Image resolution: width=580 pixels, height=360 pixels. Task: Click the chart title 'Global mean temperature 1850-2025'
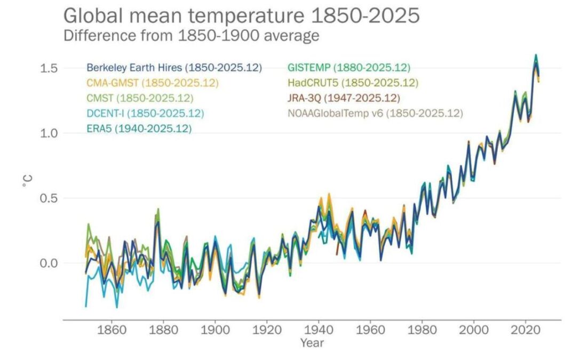coord(241,15)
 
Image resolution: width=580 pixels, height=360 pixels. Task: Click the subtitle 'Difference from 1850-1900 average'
coord(191,36)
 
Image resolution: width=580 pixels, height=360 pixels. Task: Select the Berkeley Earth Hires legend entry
coord(174,68)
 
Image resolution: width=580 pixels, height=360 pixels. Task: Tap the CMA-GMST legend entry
coord(153,83)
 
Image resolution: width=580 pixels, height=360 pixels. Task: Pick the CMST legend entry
coord(140,98)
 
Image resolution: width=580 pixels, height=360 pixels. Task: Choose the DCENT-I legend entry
coord(145,113)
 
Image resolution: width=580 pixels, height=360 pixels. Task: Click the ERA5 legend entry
coord(139,129)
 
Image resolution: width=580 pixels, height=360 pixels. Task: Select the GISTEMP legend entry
coord(348,68)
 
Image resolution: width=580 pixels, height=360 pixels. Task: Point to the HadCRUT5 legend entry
coord(353,83)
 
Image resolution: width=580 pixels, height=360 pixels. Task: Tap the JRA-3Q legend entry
coord(344,98)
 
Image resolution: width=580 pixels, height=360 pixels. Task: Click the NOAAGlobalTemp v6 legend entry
coord(375,113)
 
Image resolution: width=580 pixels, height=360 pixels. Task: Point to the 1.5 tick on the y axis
coord(49,68)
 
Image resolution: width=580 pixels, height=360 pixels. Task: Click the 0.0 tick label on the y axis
coord(49,263)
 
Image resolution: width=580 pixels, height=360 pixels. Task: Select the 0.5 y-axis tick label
coord(49,198)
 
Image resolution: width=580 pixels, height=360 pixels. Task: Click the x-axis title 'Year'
coord(311,343)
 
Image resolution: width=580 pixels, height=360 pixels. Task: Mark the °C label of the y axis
coord(26,182)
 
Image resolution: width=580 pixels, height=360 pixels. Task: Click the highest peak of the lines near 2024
coord(535,55)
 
